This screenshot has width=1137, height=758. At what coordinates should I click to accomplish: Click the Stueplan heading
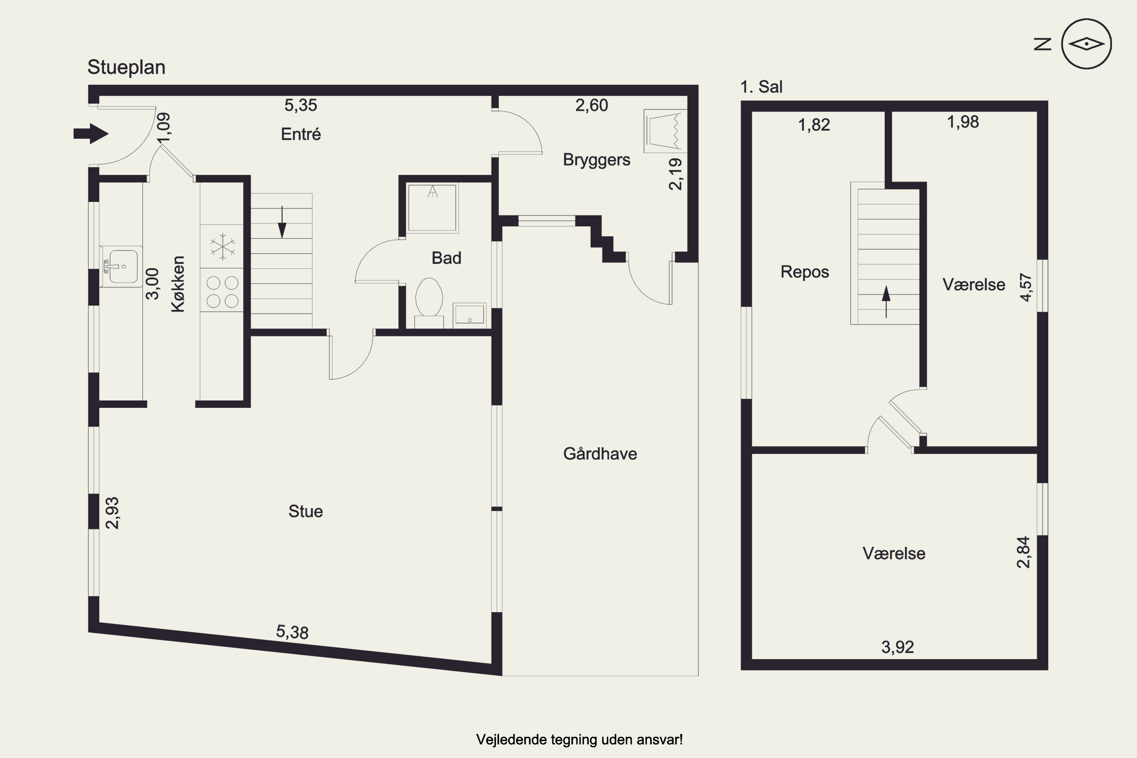[126, 67]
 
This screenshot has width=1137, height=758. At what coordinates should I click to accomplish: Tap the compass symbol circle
[1086, 19]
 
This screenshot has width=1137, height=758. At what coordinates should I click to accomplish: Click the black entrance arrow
[91, 133]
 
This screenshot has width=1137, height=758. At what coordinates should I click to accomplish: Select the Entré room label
[301, 134]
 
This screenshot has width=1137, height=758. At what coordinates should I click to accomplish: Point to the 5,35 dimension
[301, 105]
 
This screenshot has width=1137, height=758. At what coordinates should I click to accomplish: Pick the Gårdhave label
[600, 453]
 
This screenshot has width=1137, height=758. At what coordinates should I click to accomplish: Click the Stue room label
[305, 511]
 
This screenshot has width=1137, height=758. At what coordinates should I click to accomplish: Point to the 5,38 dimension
[292, 631]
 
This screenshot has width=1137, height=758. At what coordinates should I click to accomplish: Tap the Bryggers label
[597, 160]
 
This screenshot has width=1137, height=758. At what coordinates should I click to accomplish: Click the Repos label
[804, 272]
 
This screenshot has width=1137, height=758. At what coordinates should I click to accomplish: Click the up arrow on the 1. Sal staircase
[886, 302]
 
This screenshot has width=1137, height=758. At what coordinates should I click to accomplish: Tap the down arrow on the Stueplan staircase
[282, 222]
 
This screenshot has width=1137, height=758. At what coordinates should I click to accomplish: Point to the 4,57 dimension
[1025, 287]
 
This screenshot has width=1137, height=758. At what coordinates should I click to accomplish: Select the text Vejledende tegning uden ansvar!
[579, 739]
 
